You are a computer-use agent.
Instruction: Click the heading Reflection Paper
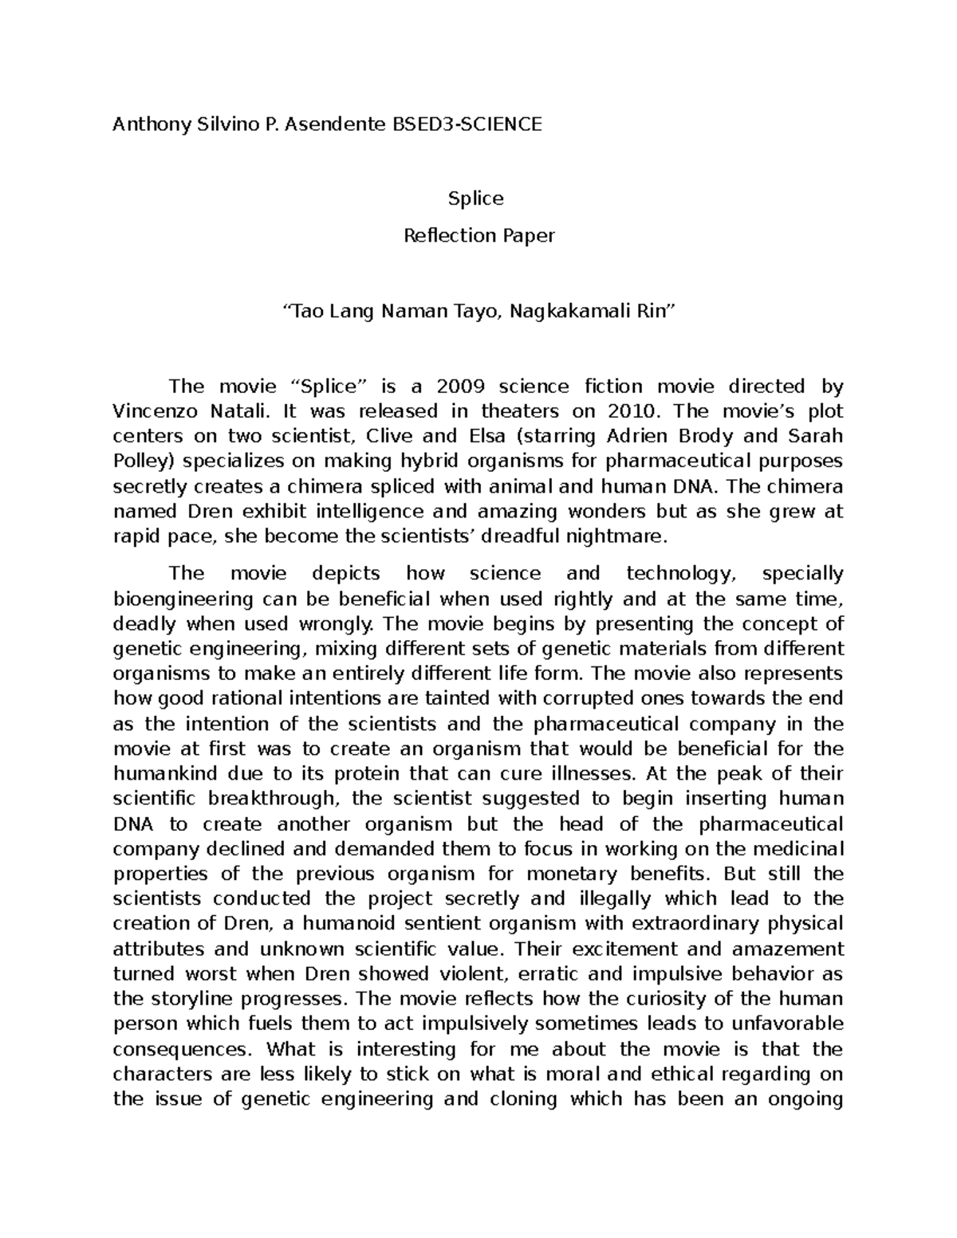point(478,236)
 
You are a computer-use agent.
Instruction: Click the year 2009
point(460,387)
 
